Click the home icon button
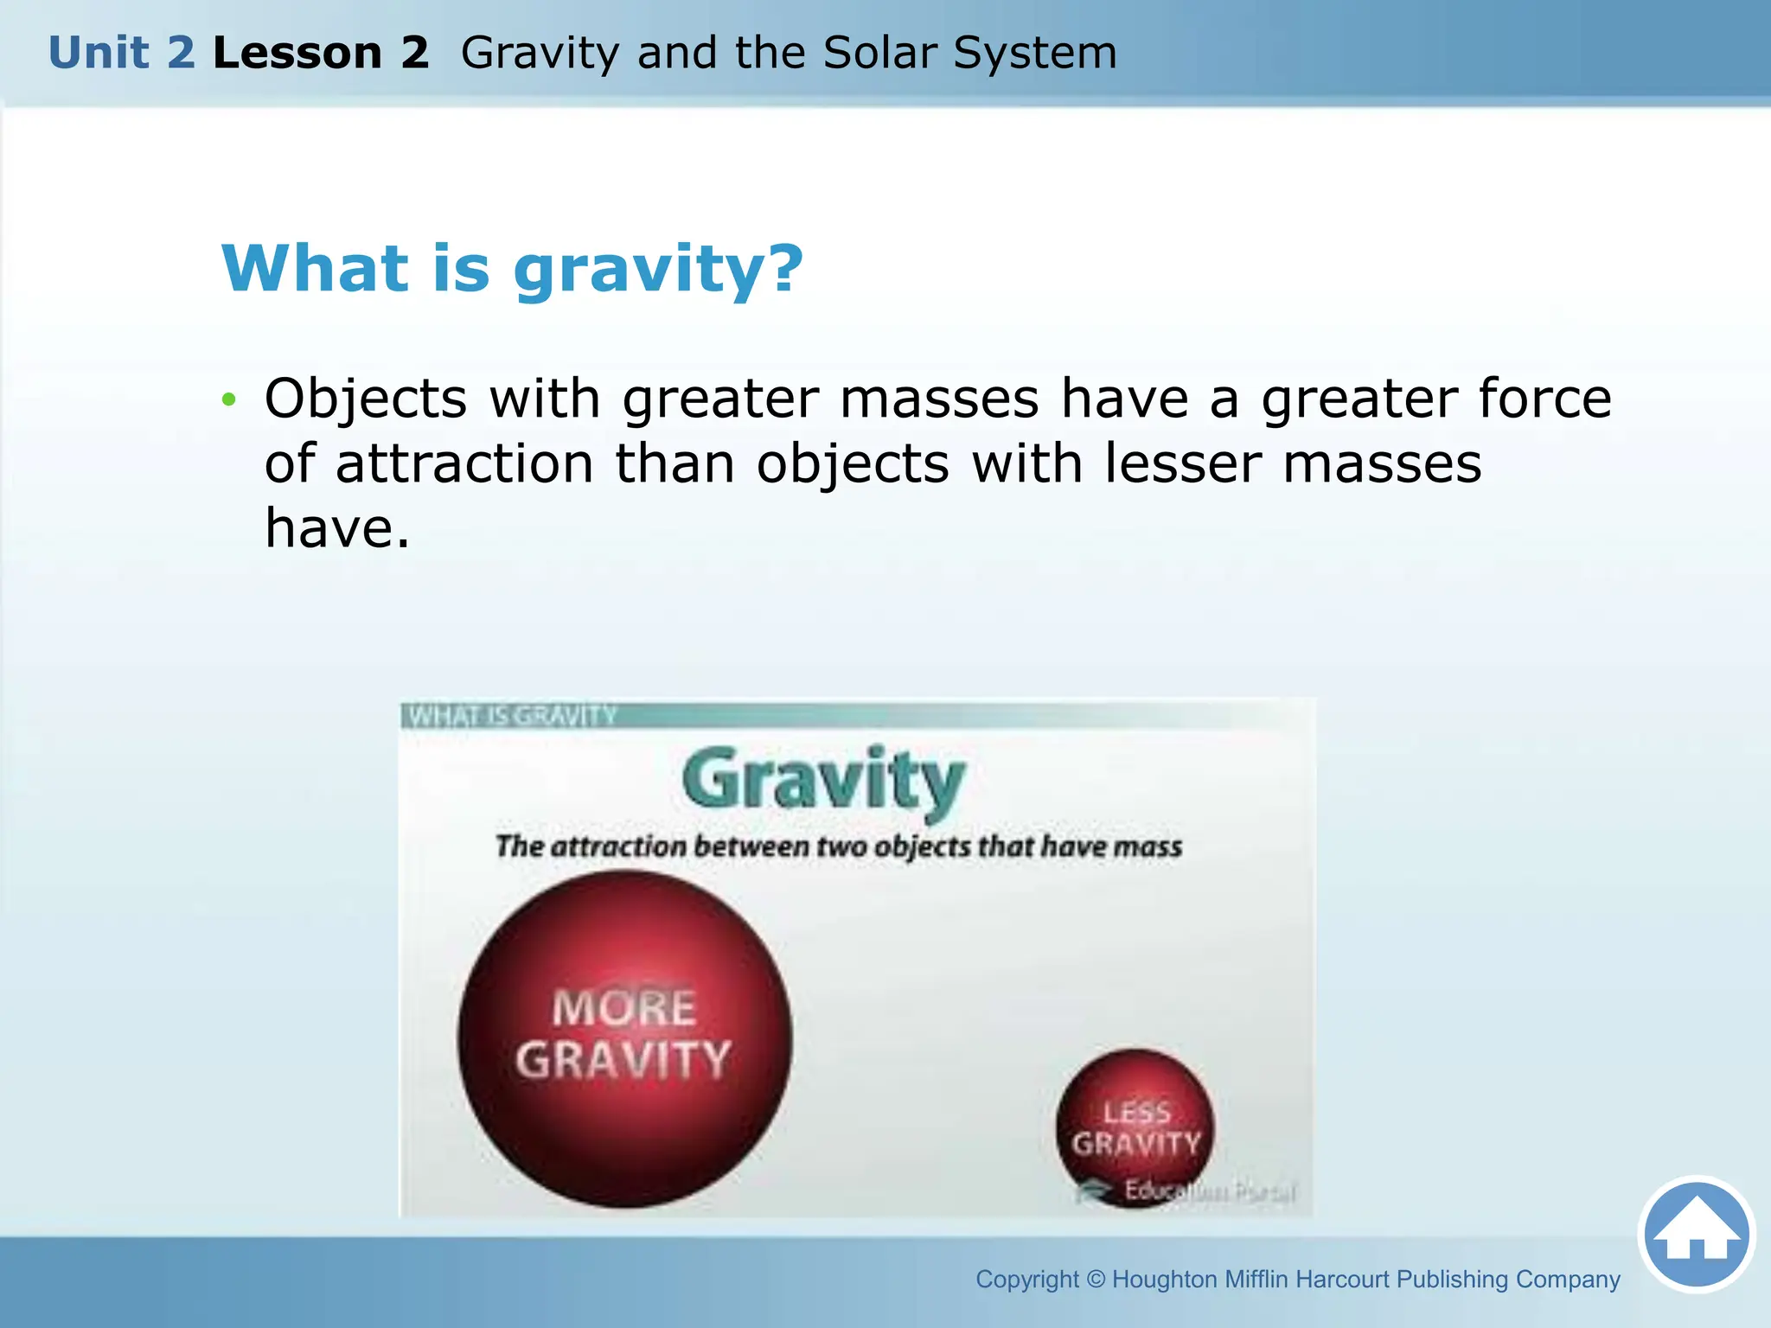[1697, 1235]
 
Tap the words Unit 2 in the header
[122, 53]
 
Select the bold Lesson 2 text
[321, 53]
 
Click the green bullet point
[228, 399]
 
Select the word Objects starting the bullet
[366, 399]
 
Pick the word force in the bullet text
[1544, 399]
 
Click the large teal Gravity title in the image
[822, 781]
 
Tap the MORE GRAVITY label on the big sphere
[623, 1035]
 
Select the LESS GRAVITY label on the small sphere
[1136, 1128]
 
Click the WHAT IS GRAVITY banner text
[512, 716]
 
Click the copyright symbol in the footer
[1096, 1280]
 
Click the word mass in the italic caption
[1148, 846]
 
